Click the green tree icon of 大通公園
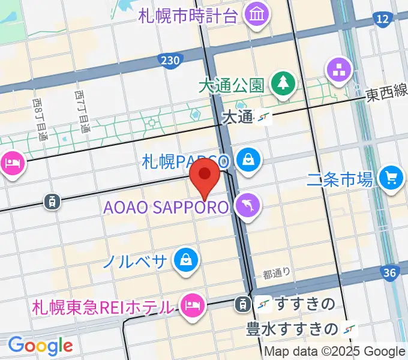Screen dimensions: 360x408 280,83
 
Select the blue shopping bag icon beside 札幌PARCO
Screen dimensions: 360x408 247,160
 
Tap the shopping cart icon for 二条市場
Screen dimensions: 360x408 392,178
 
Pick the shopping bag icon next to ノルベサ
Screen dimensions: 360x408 186,260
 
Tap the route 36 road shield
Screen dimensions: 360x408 390,274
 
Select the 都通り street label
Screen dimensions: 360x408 276,274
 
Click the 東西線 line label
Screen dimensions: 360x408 387,93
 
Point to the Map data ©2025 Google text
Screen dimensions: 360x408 335,352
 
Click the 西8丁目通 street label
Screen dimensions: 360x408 39,120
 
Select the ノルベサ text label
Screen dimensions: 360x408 134,261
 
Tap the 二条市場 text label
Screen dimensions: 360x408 340,178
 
